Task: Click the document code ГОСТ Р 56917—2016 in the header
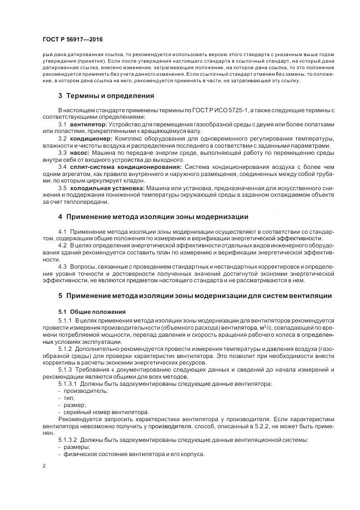tap(72, 41)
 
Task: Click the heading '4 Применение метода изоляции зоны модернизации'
tap(153, 217)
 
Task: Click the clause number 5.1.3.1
tap(68, 384)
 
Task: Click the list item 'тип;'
tap(69, 398)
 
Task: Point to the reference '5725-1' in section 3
tap(235, 111)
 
